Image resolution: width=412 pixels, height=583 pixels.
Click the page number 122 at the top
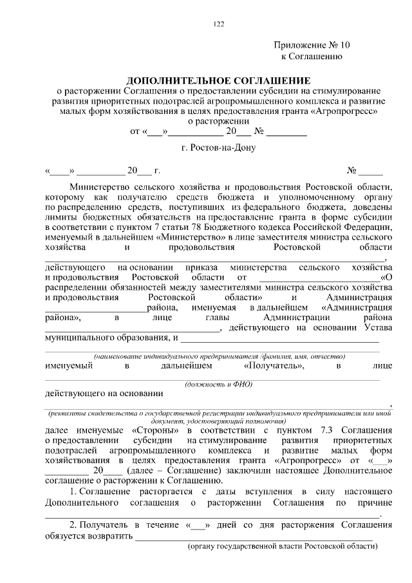click(x=219, y=24)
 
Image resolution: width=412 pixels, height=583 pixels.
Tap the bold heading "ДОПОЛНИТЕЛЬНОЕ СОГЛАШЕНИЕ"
click(x=218, y=81)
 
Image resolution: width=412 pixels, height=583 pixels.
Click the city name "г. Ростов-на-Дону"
click(x=219, y=148)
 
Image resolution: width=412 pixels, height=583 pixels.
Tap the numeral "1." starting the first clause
click(x=74, y=492)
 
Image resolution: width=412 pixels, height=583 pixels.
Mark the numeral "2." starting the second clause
click(x=74, y=525)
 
